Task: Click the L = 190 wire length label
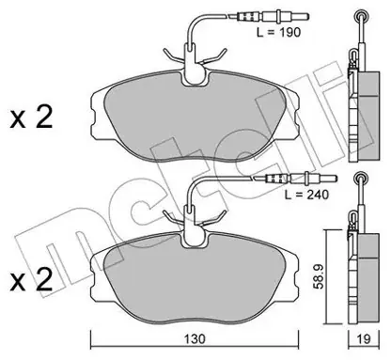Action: (278, 32)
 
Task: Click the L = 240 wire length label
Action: (306, 195)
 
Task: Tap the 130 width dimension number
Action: (195, 339)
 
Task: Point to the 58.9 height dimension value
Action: (320, 277)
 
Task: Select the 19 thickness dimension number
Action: (364, 338)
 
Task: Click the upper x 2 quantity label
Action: (31, 118)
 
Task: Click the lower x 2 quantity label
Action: (31, 280)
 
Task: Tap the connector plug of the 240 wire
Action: (296, 179)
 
